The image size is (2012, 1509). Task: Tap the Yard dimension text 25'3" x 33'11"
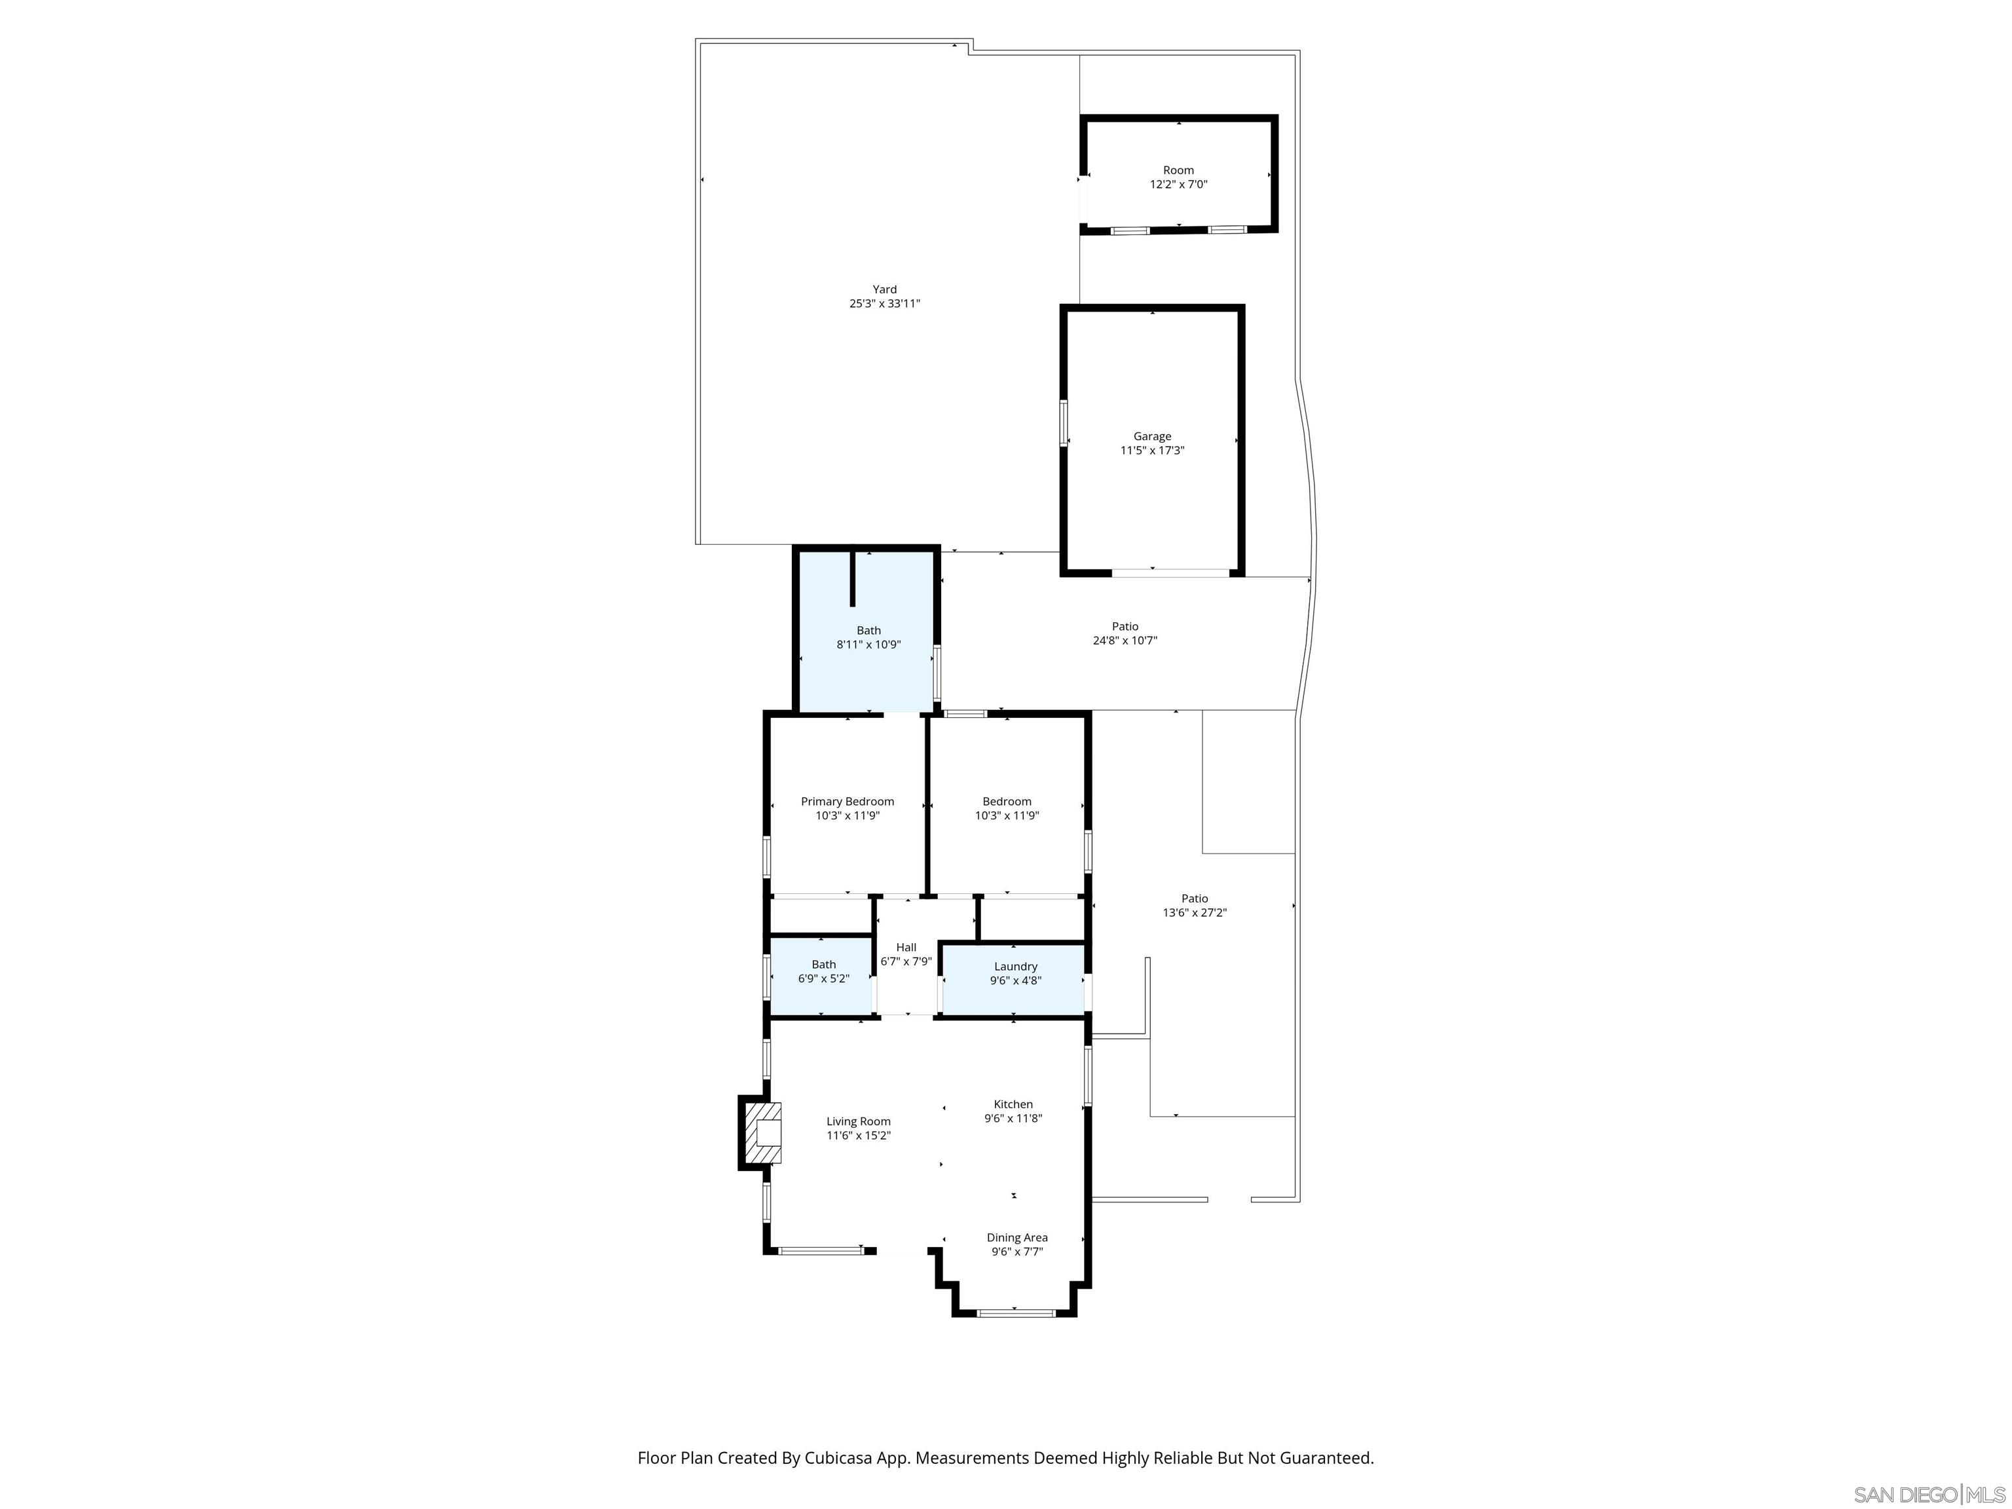coord(884,304)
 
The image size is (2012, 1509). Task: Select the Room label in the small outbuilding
coord(1178,170)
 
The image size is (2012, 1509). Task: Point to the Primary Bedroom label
coord(847,802)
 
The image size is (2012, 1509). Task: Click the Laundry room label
coord(1015,966)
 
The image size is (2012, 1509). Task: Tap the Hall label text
coord(906,947)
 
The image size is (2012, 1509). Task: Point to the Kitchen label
coord(1013,1104)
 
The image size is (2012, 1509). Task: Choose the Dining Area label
coord(1017,1237)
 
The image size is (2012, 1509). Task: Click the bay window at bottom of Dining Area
coord(1015,1313)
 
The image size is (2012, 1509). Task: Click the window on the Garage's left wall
coord(1062,423)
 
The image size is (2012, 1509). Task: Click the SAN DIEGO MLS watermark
coord(1928,1495)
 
